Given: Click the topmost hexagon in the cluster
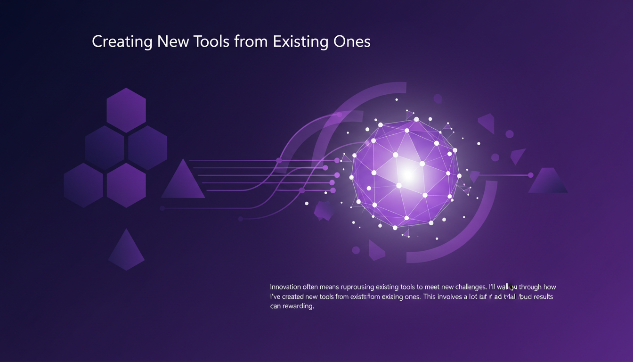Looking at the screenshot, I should [126, 110].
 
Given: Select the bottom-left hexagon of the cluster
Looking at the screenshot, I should [83, 185].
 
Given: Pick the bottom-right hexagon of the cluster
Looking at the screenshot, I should [126, 185].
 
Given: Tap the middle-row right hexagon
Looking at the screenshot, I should [147, 148].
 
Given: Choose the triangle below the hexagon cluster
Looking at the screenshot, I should [126, 252].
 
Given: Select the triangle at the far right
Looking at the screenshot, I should [548, 181].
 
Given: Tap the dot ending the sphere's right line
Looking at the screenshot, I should [531, 175].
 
